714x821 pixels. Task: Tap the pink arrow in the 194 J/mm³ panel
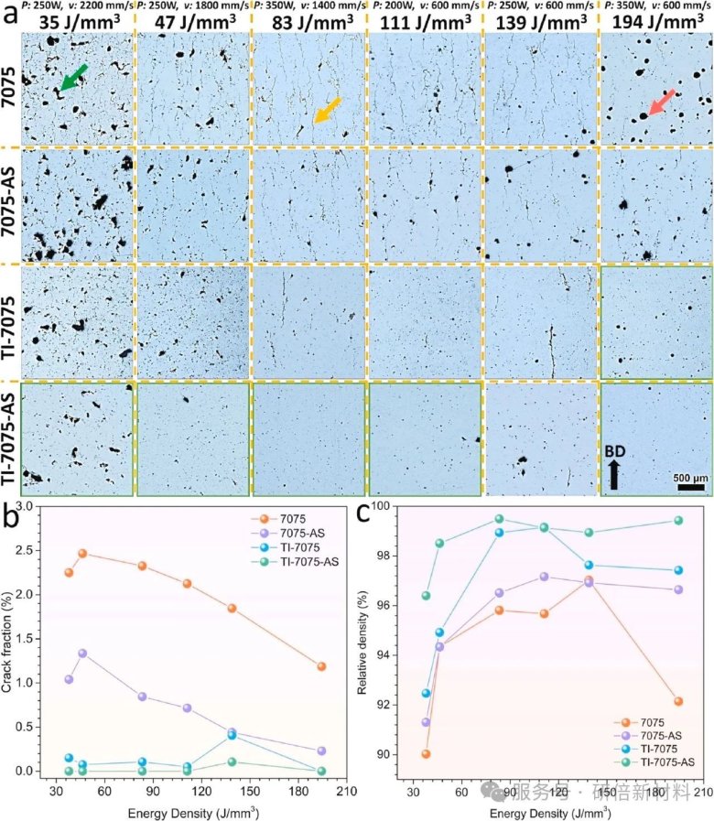click(661, 103)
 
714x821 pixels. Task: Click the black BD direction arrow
click(613, 474)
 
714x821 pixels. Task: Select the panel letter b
click(12, 517)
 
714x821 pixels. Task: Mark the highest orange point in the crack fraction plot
click(81, 553)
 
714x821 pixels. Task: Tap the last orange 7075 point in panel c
click(678, 701)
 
